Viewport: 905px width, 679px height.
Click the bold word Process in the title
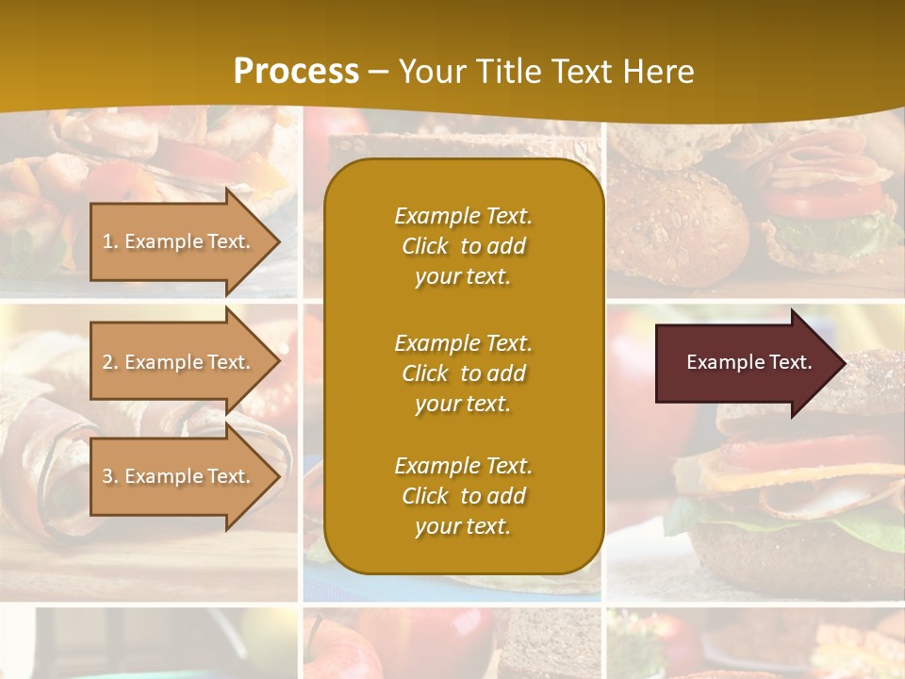[296, 71]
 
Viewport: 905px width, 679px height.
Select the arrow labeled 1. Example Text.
[179, 241]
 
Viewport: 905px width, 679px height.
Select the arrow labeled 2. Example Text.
[179, 362]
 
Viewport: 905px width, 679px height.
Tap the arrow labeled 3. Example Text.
[179, 476]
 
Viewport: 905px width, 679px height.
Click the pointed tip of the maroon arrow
[842, 362]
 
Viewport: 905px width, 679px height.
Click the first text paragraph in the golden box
[463, 246]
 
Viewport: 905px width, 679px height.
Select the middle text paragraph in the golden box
[463, 373]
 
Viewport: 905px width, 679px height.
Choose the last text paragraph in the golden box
[463, 496]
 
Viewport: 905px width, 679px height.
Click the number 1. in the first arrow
[110, 241]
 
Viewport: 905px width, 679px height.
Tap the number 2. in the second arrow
[110, 362]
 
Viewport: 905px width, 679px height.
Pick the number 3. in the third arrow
[110, 476]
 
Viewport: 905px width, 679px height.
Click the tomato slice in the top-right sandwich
[820, 200]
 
